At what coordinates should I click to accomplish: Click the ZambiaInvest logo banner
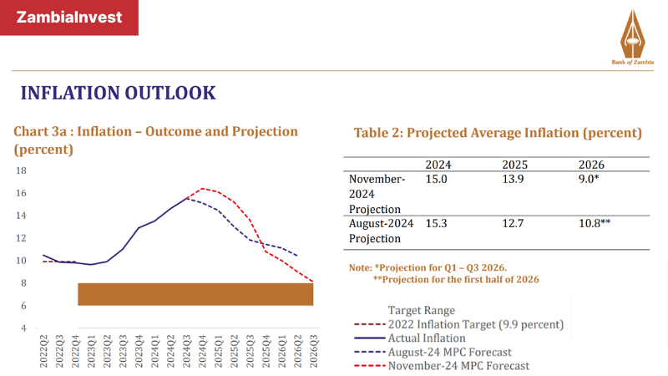click(69, 18)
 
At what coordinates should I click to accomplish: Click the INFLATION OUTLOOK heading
click(118, 92)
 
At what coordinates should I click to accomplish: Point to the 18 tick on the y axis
click(23, 170)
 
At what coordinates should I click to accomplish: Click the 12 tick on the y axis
click(23, 238)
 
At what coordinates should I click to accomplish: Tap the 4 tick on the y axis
click(25, 328)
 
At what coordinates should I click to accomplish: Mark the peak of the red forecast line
click(202, 189)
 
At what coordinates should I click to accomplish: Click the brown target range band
click(195, 294)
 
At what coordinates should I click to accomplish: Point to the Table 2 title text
click(498, 133)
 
